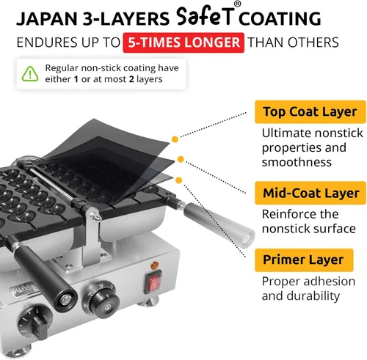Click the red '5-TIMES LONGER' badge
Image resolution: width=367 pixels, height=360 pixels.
click(183, 43)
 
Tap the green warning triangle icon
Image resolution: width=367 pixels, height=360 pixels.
click(30, 74)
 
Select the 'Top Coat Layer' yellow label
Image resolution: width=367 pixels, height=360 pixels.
click(310, 111)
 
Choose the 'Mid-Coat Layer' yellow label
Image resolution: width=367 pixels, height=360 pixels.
click(310, 193)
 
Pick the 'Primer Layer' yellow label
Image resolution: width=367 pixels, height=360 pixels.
click(304, 260)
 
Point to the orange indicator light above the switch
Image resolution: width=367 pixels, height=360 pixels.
click(155, 265)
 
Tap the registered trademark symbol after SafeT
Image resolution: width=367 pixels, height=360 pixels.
click(237, 4)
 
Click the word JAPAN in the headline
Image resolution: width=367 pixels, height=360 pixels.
click(47, 19)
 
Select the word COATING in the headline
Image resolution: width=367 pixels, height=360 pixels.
click(280, 18)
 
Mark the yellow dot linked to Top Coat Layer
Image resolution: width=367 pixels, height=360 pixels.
click(175, 139)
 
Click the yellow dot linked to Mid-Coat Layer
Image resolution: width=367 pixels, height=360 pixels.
click(181, 159)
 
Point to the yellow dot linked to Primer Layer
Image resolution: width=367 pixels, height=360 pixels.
click(179, 180)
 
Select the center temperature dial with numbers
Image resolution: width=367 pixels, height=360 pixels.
click(101, 300)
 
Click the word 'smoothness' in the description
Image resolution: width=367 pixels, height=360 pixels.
click(297, 162)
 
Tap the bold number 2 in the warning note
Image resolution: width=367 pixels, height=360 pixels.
click(131, 79)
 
